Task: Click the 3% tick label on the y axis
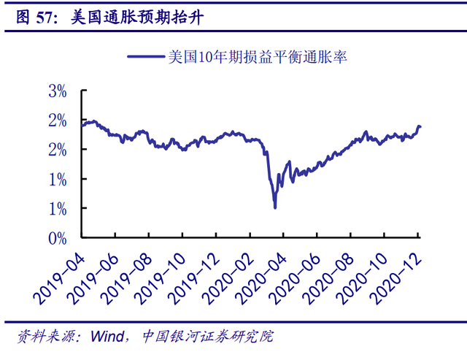pos(58,92)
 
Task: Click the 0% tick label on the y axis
pos(58,237)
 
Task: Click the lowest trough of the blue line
pos(275,208)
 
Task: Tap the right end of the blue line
pos(420,128)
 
